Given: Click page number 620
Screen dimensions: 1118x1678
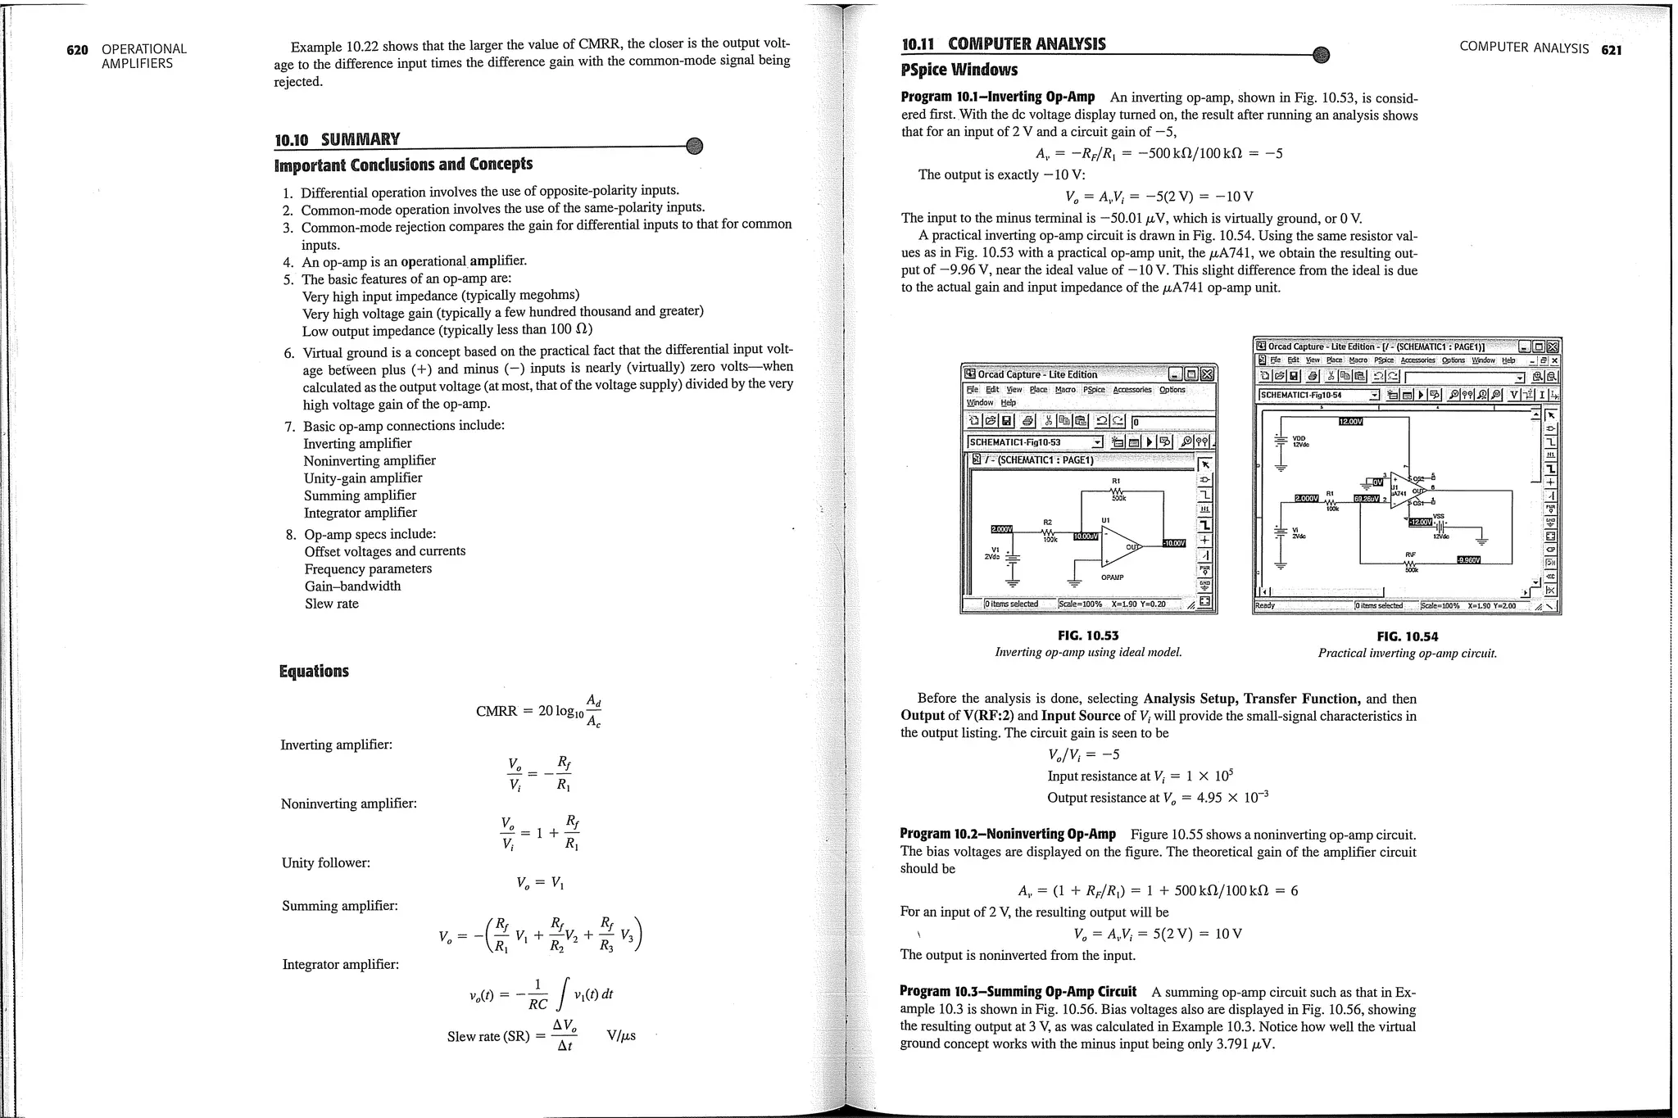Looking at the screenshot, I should coord(77,49).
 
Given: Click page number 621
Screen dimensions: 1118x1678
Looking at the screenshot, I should coord(1611,50).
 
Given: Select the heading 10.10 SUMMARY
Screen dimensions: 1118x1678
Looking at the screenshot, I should coord(338,139).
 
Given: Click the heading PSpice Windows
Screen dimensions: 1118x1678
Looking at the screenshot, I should coord(959,70).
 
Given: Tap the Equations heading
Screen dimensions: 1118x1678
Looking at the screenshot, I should coord(314,672).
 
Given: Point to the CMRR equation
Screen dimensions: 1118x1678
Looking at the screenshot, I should coord(539,711).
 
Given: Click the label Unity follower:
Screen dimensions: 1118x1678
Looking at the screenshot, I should coord(325,862).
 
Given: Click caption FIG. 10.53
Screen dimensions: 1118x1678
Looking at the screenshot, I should coord(1087,636).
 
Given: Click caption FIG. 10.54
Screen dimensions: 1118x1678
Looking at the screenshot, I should coord(1407,636).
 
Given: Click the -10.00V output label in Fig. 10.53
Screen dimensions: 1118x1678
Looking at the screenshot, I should coord(1173,543).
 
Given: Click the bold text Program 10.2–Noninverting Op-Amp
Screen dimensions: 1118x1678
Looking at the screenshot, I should coord(1008,834).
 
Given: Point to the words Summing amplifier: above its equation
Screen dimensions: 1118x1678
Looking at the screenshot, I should coord(340,906).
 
